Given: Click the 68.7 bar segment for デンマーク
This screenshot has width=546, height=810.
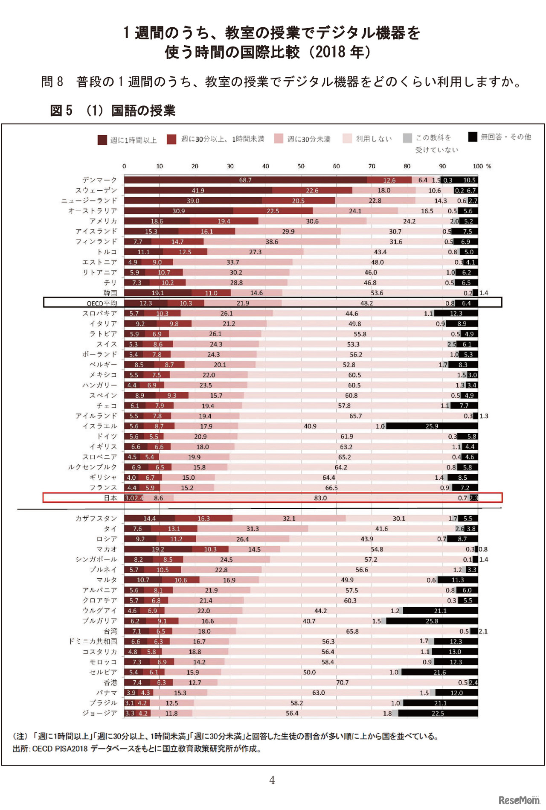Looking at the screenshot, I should click(245, 180).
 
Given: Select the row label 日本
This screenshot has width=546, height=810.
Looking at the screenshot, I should click(110, 498).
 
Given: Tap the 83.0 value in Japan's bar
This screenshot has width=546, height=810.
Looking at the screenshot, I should click(320, 498).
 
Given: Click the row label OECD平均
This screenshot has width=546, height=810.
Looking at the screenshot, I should click(102, 303).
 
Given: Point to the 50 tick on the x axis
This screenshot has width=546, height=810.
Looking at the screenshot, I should click(301, 166).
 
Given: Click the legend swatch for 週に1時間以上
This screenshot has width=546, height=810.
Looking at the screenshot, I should click(102, 140).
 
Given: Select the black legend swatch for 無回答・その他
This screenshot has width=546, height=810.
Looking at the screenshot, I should click(472, 137).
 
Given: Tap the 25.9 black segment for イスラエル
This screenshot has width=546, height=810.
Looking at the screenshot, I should click(432, 426).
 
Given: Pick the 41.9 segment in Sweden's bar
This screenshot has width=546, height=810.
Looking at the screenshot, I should click(198, 190).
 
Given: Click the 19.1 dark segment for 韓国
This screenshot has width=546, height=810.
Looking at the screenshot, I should click(158, 293).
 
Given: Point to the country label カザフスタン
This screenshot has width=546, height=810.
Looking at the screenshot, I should click(96, 519).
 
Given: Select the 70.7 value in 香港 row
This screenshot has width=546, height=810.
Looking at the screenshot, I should click(342, 683).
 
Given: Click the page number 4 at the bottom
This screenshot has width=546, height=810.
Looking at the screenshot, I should click(272, 781).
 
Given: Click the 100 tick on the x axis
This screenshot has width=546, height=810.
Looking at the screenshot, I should click(478, 166).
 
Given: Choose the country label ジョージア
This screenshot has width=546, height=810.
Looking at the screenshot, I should click(100, 713).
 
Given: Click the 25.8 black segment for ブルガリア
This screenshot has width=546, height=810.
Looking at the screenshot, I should click(432, 621).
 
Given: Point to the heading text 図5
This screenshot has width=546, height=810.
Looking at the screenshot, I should click(61, 111).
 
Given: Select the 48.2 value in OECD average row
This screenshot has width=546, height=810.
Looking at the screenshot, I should click(366, 303).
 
